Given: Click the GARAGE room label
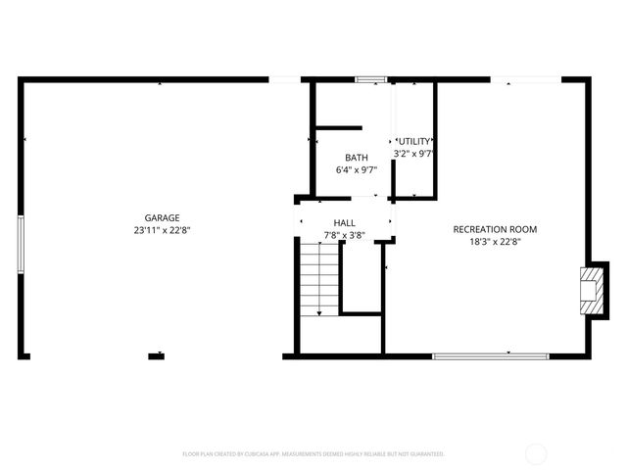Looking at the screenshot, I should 163,217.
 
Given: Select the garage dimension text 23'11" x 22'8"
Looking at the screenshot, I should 163,230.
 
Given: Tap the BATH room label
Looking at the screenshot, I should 356,158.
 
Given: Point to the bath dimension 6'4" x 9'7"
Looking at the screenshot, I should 356,169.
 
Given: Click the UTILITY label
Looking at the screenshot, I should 413,142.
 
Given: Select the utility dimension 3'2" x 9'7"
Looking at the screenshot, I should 413,154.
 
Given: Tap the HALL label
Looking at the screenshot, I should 344,223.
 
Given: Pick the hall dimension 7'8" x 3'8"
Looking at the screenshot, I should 344,235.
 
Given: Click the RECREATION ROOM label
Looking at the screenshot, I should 495,229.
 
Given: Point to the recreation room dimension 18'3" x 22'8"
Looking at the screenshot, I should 495,241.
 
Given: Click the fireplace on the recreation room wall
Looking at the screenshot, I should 591,291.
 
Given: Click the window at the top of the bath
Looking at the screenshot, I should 370,79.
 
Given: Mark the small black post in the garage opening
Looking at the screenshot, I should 156,355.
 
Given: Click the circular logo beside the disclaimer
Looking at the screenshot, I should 536,453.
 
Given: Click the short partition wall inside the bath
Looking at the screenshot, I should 338,127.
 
